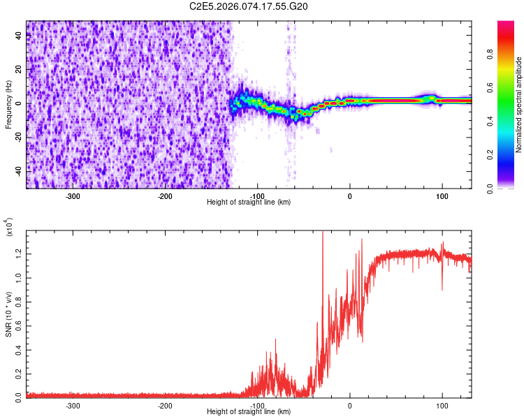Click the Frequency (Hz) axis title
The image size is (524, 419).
(8, 105)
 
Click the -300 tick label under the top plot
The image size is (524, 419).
(73, 196)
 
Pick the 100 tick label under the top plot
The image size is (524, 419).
(442, 196)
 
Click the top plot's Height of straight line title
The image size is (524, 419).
(249, 203)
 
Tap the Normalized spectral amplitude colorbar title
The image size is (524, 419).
(519, 105)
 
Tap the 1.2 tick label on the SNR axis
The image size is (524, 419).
(17, 252)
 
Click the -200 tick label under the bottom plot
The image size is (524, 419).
(165, 405)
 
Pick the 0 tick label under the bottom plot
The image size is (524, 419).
(350, 405)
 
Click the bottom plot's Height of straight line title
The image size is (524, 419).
(249, 412)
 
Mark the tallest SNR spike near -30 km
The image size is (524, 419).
(323, 234)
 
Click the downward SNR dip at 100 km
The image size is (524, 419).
(442, 289)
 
